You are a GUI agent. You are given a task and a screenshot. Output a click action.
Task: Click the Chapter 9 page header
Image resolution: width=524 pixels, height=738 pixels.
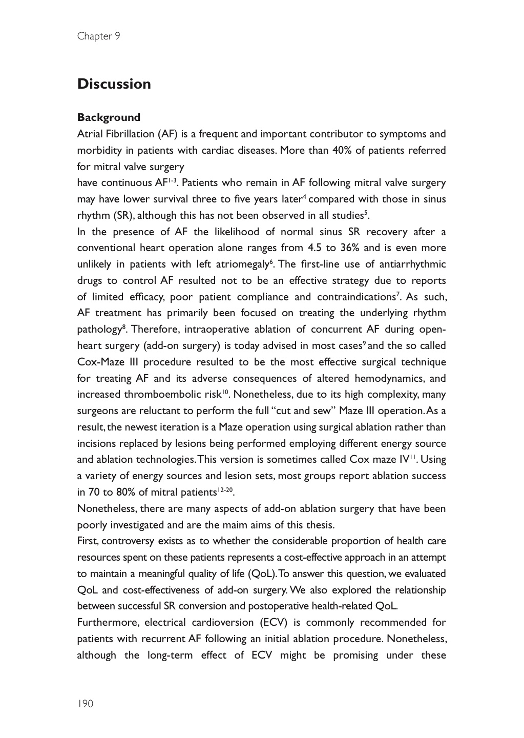pos(98,36)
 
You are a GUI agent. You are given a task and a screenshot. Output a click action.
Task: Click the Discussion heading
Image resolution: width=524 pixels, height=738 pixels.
pos(114,84)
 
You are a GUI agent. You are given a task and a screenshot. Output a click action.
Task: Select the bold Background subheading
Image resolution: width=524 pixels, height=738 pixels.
pos(109,117)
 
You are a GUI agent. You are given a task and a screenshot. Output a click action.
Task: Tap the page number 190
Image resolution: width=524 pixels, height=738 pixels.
pos(85,704)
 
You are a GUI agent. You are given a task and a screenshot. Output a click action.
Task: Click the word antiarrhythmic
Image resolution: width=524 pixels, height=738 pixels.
pos(412,264)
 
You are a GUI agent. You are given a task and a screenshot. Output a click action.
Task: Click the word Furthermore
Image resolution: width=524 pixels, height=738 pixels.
pos(107,623)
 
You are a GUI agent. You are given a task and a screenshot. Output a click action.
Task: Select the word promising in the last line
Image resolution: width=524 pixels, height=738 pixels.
pos(355,655)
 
